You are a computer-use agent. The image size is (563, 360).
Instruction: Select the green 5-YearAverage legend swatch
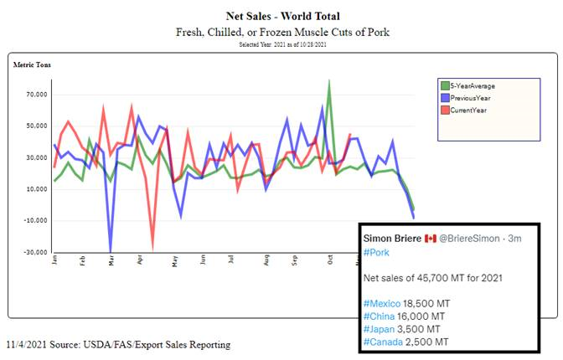point(445,85)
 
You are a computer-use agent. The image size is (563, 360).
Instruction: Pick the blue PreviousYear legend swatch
point(445,98)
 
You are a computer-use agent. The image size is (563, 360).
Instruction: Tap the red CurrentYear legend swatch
point(445,110)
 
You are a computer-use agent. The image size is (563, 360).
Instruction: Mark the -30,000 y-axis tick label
point(34,252)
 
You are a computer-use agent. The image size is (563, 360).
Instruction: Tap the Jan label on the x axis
point(54,261)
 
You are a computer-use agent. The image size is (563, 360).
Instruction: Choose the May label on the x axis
point(174,261)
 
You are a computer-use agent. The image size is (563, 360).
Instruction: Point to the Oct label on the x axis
point(330,261)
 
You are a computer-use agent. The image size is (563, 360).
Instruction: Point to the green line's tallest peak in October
point(328,81)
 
